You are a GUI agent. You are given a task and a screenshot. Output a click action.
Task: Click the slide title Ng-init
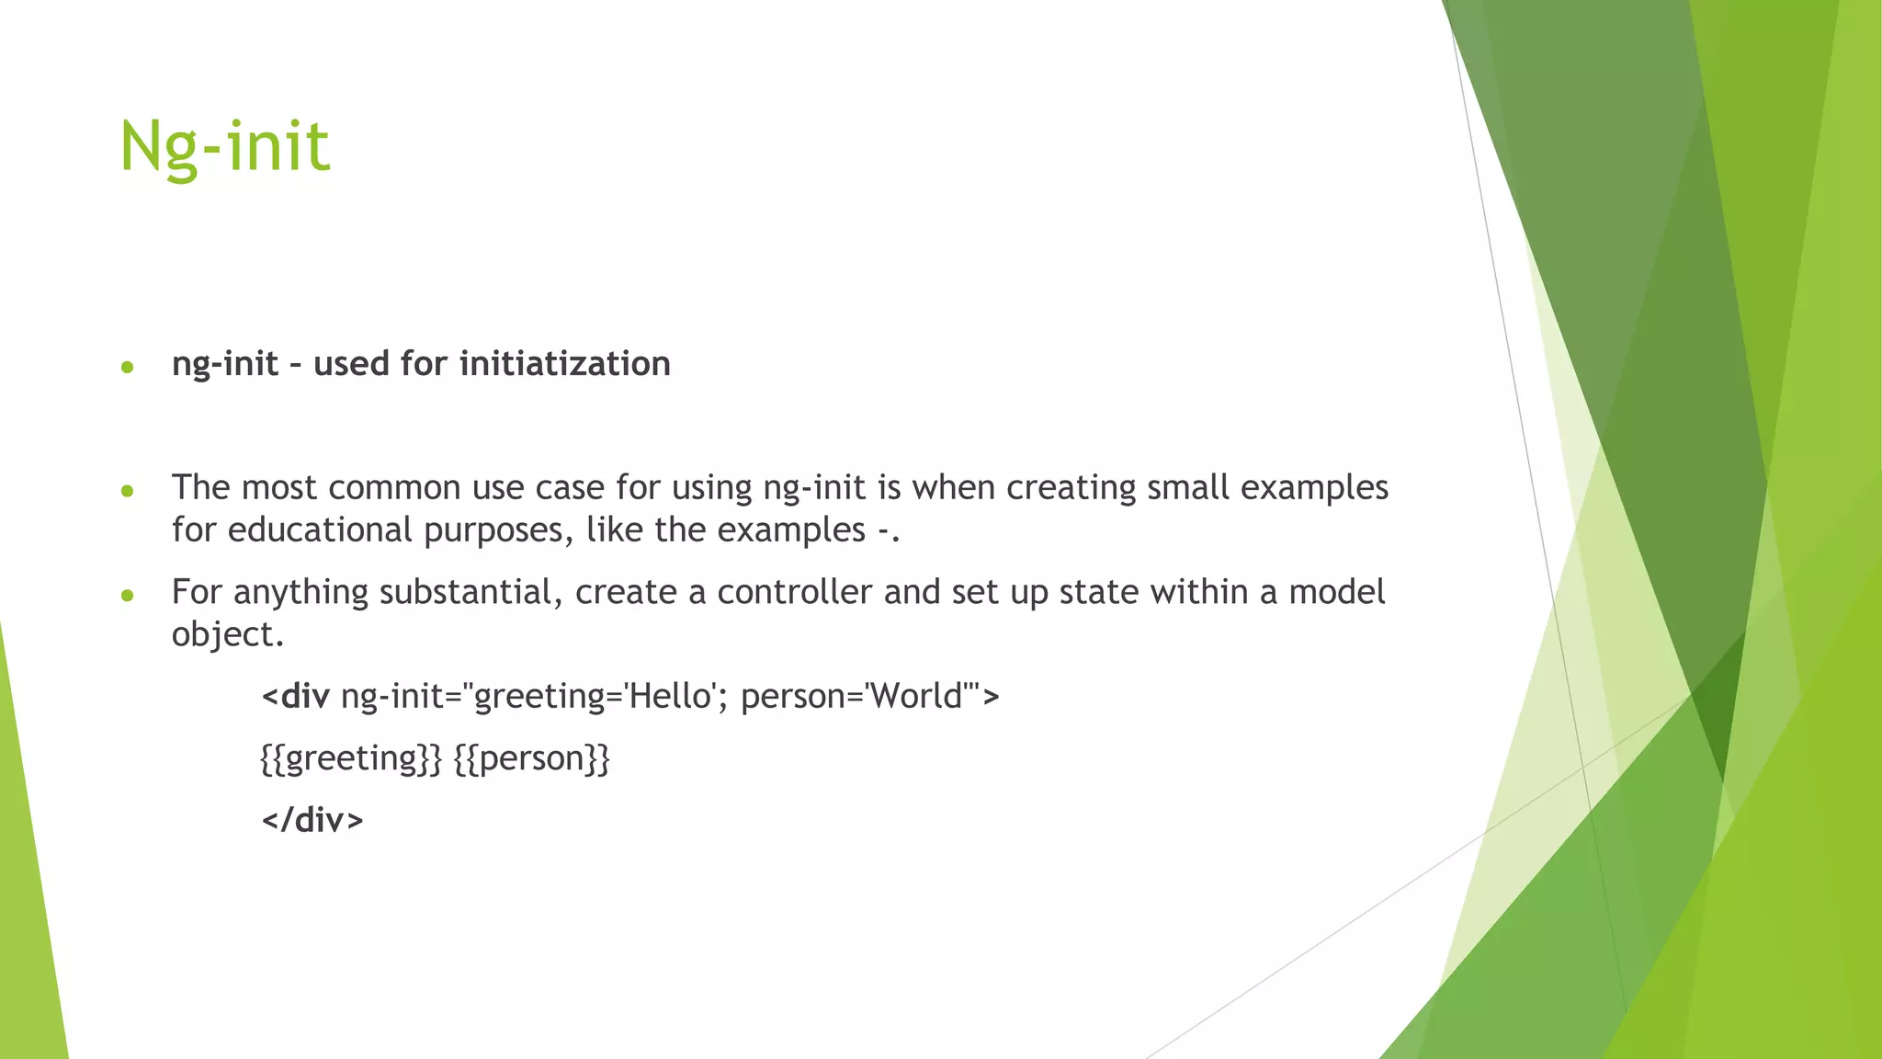[224, 147]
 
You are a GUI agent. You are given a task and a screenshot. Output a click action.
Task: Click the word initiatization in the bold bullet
[564, 364]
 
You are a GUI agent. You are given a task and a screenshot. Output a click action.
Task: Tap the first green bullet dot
[128, 368]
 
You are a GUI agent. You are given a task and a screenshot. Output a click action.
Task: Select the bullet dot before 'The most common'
[128, 492]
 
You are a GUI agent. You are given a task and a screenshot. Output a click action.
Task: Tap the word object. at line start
[227, 634]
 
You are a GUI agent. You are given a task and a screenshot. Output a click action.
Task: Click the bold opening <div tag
[295, 697]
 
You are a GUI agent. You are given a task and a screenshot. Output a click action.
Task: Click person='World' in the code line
[857, 697]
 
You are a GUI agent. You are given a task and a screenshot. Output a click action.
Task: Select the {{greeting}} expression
[351, 758]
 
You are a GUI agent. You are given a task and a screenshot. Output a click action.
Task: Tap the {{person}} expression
[531, 758]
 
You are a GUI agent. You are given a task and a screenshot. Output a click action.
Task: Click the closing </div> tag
[312, 820]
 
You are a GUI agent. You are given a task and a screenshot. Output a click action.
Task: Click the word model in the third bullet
[1336, 592]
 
